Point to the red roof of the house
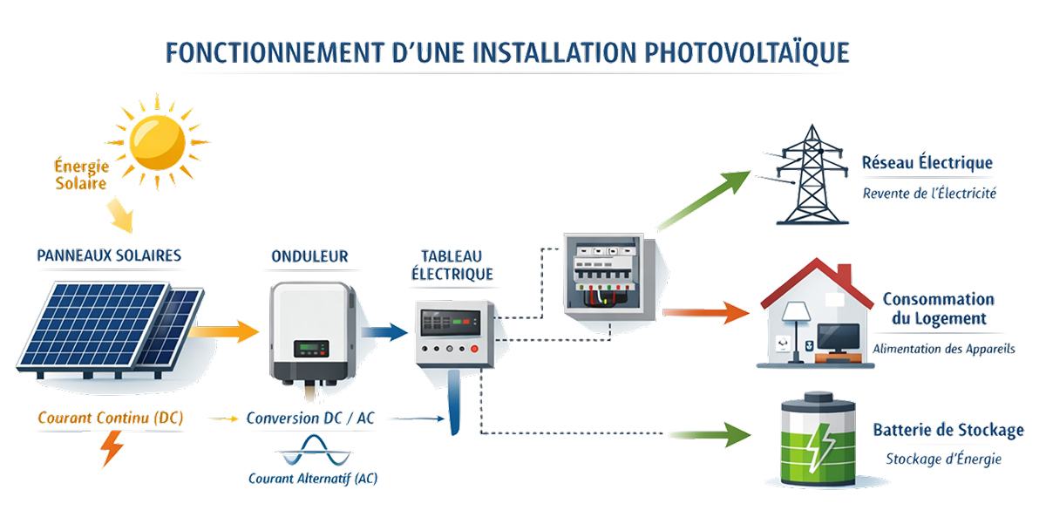click(x=815, y=279)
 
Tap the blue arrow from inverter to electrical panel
click(x=383, y=330)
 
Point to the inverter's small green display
click(x=311, y=348)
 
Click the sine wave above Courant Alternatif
click(x=312, y=453)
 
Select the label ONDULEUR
click(x=309, y=256)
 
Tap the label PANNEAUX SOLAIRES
click(x=109, y=255)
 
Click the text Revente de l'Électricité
click(x=929, y=194)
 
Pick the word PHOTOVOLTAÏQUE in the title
click(x=746, y=53)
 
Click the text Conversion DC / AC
click(x=310, y=419)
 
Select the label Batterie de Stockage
click(x=948, y=431)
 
